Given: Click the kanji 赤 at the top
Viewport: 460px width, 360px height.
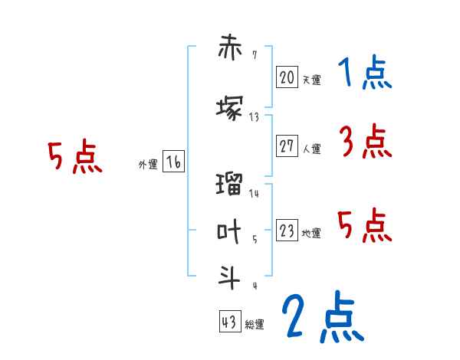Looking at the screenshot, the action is (x=230, y=50).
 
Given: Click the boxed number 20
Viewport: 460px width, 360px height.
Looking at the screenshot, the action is (x=287, y=77).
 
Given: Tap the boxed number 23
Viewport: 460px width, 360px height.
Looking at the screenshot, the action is (x=287, y=231).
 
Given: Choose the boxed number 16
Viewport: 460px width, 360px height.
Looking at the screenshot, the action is (x=173, y=162).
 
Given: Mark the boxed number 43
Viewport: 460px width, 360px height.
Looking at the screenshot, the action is (x=229, y=322).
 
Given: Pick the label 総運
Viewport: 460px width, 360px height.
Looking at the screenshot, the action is (x=254, y=325).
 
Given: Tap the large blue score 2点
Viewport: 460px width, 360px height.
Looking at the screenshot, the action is (x=322, y=316).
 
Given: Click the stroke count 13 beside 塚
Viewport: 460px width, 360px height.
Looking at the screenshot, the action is (x=255, y=116).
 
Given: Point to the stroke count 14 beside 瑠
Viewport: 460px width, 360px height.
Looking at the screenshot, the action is (x=255, y=194).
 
